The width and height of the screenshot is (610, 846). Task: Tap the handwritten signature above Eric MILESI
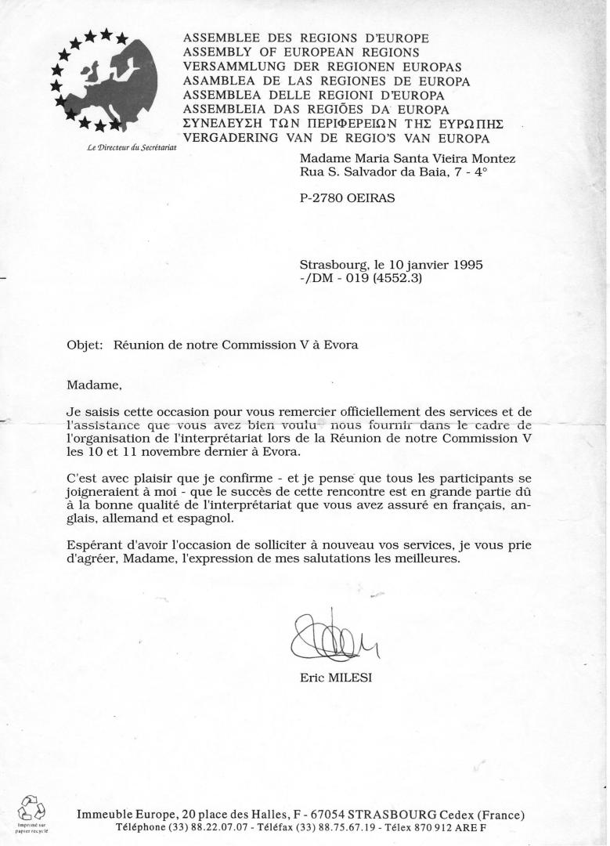(333, 639)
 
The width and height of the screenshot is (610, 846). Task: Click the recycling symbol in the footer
(32, 809)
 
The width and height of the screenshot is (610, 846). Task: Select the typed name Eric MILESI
(336, 678)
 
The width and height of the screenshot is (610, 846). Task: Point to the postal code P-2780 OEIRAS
(347, 198)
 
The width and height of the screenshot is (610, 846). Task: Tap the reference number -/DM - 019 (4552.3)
(361, 278)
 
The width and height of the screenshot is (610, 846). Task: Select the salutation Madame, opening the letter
(95, 385)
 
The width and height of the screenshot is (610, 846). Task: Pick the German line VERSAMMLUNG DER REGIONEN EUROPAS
(322, 66)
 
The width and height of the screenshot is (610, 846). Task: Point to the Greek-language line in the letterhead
(342, 124)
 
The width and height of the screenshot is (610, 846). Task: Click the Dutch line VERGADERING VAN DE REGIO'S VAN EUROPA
(336, 138)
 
